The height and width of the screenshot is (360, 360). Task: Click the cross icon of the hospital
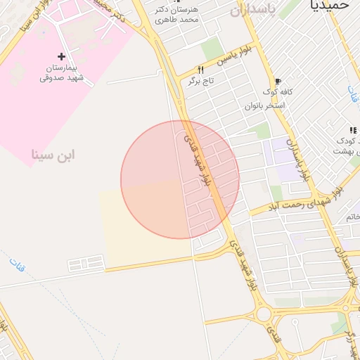pos(62,56)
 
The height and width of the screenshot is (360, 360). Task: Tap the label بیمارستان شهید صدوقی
pos(62,72)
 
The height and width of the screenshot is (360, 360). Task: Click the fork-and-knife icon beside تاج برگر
pos(200,70)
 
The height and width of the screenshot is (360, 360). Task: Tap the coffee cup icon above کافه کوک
pos(278,81)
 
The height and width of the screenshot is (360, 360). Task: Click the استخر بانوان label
pos(264,105)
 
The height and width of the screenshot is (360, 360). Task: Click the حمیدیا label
pos(329,5)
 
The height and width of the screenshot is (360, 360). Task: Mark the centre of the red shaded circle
pos(180,179)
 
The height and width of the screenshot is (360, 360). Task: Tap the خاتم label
pos(353,217)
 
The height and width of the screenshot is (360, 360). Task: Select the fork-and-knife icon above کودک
pos(352,130)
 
